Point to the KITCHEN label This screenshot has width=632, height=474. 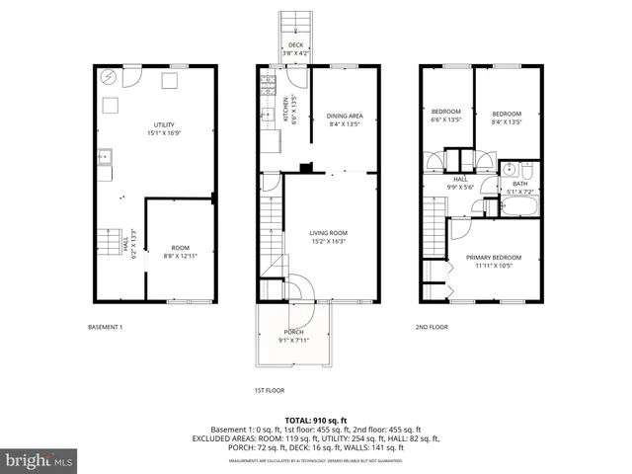click(284, 107)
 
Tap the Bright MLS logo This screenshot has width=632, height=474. click(39, 460)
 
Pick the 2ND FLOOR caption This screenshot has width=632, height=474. click(432, 327)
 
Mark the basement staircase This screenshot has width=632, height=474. click(109, 242)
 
